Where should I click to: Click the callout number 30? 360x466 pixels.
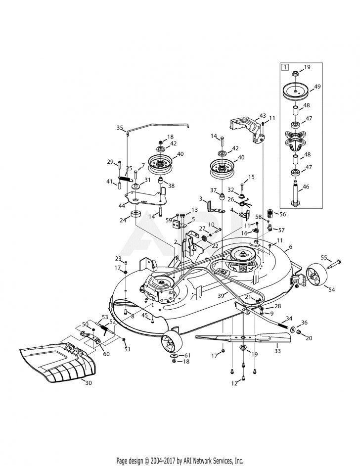click(89, 383)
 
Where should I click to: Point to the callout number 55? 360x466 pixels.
click(324, 258)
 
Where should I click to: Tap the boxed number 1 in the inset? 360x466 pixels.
click(284, 67)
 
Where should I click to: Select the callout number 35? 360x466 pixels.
click(119, 128)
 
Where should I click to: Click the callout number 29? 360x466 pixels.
click(110, 162)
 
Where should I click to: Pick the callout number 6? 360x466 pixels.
click(291, 246)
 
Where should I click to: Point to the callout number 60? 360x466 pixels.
click(106, 340)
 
